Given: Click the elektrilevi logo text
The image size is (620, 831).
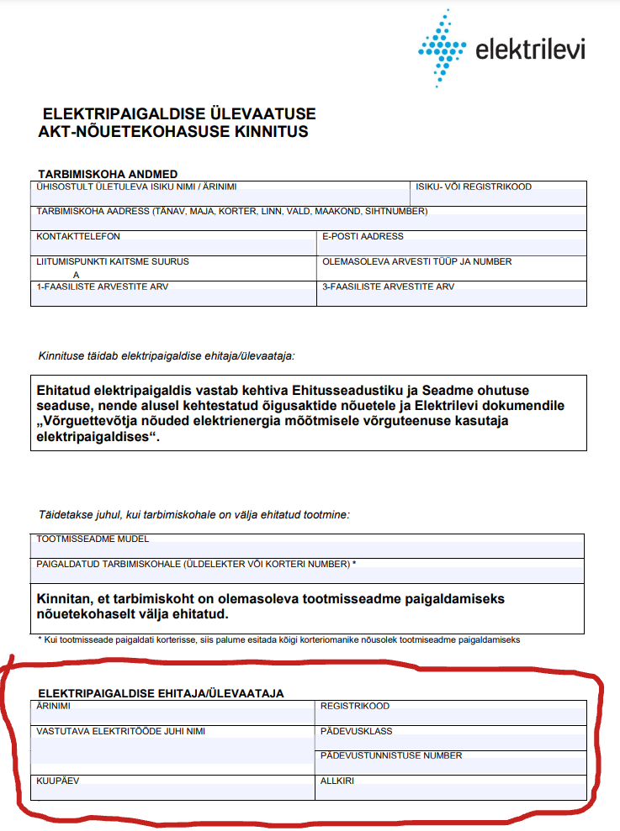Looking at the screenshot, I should coord(530,50).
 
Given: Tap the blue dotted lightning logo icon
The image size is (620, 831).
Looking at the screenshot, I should coord(442,49).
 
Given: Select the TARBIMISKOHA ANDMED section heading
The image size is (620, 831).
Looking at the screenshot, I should coord(107,174).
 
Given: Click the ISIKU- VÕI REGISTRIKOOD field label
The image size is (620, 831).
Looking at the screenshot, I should coord(473,187).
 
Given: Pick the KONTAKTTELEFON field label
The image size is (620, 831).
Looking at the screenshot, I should coord(78,237).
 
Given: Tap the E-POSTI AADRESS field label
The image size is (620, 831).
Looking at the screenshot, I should coord(363,237).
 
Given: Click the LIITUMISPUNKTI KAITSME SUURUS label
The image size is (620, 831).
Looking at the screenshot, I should coord(113,261).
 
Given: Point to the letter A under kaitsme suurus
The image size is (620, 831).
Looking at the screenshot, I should coord(76,274).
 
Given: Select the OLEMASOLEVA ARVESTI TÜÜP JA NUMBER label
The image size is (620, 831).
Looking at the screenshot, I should coord(416,261).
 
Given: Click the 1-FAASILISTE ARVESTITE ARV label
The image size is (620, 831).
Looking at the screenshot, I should coord(102,287).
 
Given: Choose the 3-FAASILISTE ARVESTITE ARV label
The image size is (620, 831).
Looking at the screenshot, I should coord(388,287).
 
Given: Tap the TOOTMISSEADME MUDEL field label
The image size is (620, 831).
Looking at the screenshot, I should coord(93,539).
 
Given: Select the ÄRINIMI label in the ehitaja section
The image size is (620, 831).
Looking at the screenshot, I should coord(54,707).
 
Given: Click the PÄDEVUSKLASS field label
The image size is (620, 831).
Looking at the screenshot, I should coord(356,731).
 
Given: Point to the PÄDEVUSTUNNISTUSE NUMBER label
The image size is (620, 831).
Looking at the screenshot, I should coord(391,755).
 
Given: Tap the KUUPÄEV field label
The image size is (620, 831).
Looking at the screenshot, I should coord(57,781).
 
